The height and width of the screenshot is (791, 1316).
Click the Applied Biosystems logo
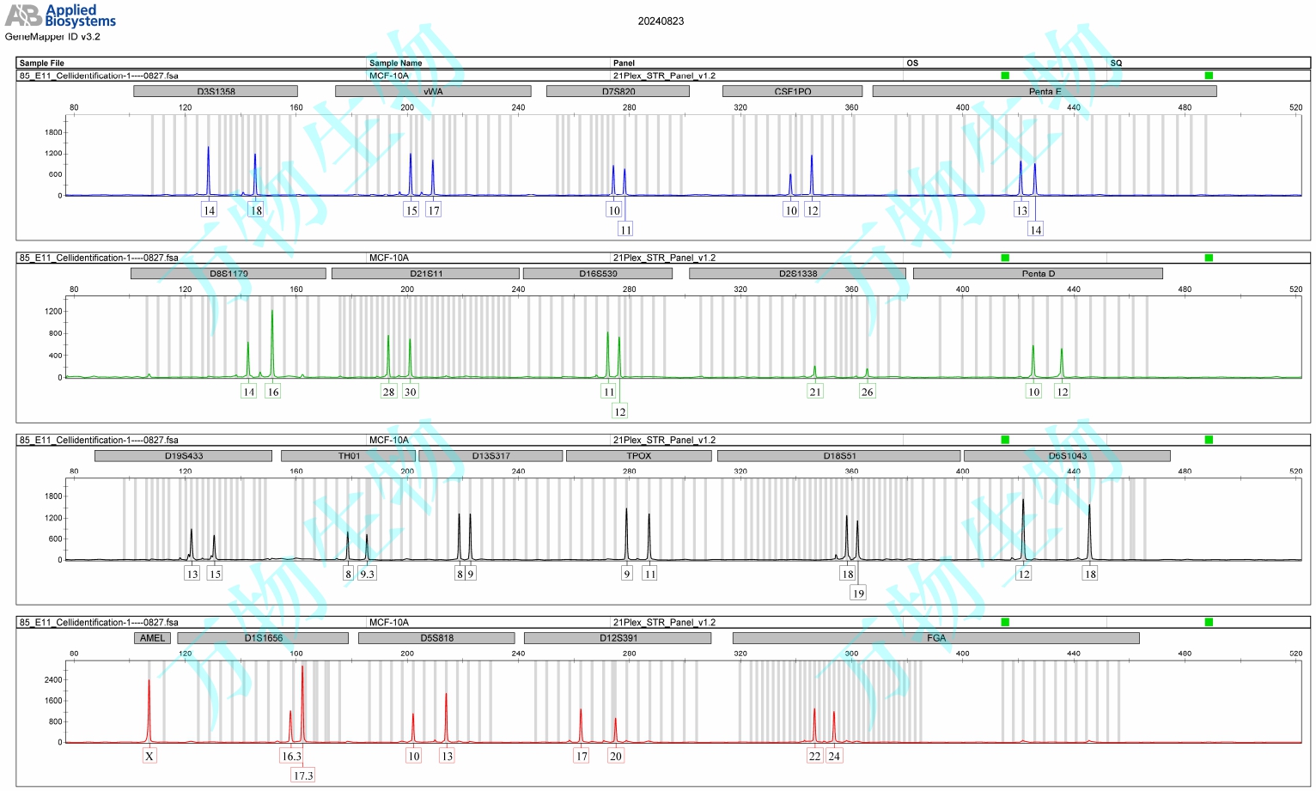[x=60, y=15]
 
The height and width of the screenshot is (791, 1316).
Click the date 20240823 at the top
[x=661, y=21]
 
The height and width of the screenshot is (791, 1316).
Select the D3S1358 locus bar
[x=216, y=91]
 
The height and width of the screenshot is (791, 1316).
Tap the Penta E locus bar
[x=1045, y=91]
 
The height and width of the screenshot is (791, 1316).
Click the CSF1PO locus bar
[x=792, y=91]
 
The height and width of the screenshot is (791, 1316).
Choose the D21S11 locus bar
[x=426, y=273]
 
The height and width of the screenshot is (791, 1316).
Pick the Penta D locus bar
[x=1038, y=273]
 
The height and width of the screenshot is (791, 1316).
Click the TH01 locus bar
[x=349, y=456]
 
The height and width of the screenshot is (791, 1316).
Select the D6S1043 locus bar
[x=1067, y=456]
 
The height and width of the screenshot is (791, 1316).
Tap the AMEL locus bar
[x=152, y=638]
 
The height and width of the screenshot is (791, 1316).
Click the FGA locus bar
[x=935, y=638]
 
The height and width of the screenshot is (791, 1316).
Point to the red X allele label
[x=149, y=757]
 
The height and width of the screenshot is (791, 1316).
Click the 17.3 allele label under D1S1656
[x=303, y=776]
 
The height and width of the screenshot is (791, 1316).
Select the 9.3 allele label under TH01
[x=367, y=574]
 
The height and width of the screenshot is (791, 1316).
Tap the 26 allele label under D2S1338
[x=867, y=392]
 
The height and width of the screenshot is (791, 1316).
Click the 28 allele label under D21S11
[x=388, y=392]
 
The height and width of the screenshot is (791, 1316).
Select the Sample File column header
[x=42, y=63]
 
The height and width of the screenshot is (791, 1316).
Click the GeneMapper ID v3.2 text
[x=52, y=37]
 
